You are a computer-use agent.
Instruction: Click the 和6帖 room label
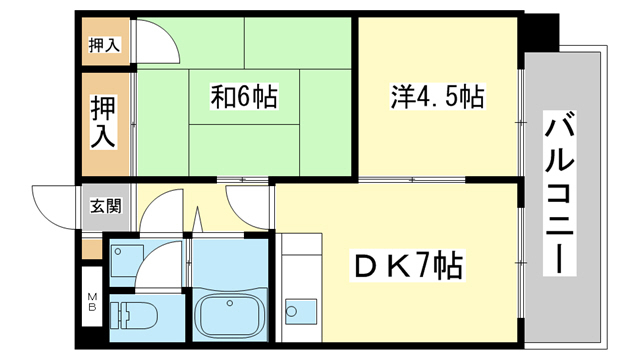click(244, 97)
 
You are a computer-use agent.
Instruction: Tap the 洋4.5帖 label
click(437, 97)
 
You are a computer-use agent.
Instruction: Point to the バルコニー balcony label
click(560, 195)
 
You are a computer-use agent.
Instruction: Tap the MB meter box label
click(91, 300)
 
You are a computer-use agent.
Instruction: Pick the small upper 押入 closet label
click(104, 44)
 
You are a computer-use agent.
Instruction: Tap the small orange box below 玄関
click(92, 248)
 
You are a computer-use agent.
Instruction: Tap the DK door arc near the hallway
click(247, 204)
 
